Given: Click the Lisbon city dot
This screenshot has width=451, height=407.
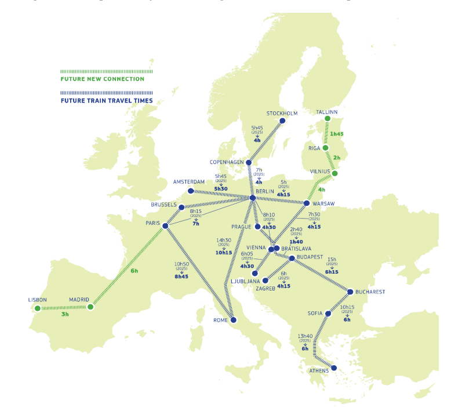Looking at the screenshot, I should click(x=38, y=308).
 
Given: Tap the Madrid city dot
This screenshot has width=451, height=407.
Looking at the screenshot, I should click(x=90, y=307).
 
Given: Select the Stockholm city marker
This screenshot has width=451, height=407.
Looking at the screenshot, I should click(x=282, y=121).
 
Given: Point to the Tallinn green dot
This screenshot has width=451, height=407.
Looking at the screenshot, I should click(x=327, y=118).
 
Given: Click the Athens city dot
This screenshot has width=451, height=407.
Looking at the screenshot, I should click(x=333, y=368).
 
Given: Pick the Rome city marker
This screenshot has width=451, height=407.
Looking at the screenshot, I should click(x=233, y=319).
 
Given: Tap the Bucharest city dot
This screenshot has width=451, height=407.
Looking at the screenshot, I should click(x=350, y=292).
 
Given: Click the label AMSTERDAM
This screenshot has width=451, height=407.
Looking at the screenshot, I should click(x=189, y=182).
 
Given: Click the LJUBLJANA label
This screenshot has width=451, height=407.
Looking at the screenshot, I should click(x=243, y=281).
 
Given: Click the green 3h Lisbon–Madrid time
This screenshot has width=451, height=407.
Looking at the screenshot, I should click(x=65, y=314).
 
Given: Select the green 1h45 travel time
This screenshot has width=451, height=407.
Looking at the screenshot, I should click(x=337, y=134).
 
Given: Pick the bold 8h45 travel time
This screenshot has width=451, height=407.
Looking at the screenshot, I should click(x=181, y=277).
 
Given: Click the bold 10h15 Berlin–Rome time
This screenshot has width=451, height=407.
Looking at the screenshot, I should click(x=224, y=253).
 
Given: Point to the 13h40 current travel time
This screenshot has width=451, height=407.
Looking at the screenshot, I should click(x=305, y=336).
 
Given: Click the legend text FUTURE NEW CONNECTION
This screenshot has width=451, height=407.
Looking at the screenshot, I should click(x=102, y=79).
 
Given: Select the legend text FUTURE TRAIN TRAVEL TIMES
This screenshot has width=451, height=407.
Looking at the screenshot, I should click(x=107, y=100).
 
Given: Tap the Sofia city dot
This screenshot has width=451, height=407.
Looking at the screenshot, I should click(x=328, y=314).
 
